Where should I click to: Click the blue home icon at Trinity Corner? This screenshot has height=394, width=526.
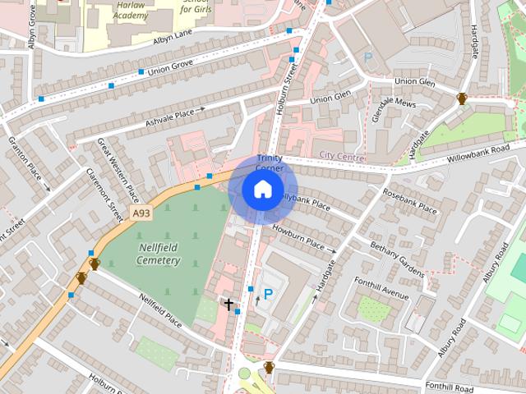pyautogui.click(x=262, y=190)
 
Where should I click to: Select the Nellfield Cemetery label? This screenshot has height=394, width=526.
pyautogui.click(x=148, y=254)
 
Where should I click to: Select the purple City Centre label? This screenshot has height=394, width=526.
pyautogui.click(x=342, y=154)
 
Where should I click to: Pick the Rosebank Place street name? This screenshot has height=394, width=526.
pyautogui.click(x=409, y=199)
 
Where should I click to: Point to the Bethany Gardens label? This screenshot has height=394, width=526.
pyautogui.click(x=397, y=258)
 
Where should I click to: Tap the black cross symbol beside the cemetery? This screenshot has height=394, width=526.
pyautogui.click(x=228, y=304)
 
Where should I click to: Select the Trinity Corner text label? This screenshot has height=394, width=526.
pyautogui.click(x=270, y=163)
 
